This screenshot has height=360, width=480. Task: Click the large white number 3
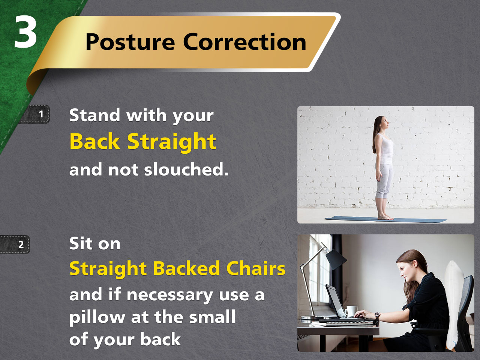(25, 32)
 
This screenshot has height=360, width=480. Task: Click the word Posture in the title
(130, 42)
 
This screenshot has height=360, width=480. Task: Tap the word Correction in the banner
(245, 42)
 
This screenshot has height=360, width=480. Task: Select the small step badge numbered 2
(15, 244)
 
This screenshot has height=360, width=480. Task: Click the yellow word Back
(95, 141)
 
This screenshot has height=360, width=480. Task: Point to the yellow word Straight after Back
(172, 143)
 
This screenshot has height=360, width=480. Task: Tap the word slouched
(186, 169)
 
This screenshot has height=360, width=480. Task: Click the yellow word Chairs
(256, 268)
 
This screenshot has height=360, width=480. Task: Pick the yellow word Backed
(186, 268)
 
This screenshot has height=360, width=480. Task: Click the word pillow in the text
(97, 317)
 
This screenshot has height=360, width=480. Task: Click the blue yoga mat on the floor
(385, 219)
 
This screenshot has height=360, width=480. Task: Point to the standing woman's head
(383, 123)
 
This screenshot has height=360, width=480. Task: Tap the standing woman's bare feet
(385, 217)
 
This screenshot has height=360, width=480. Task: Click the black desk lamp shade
(336, 259)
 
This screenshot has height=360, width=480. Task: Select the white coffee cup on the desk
(351, 311)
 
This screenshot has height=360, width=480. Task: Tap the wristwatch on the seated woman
(378, 316)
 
